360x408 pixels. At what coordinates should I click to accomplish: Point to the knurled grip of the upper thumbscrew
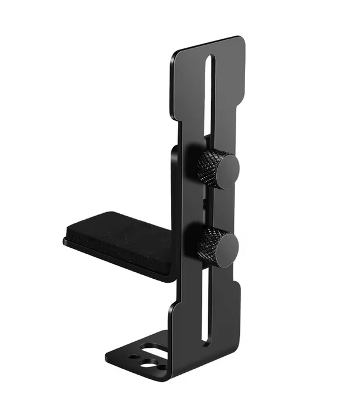209,163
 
